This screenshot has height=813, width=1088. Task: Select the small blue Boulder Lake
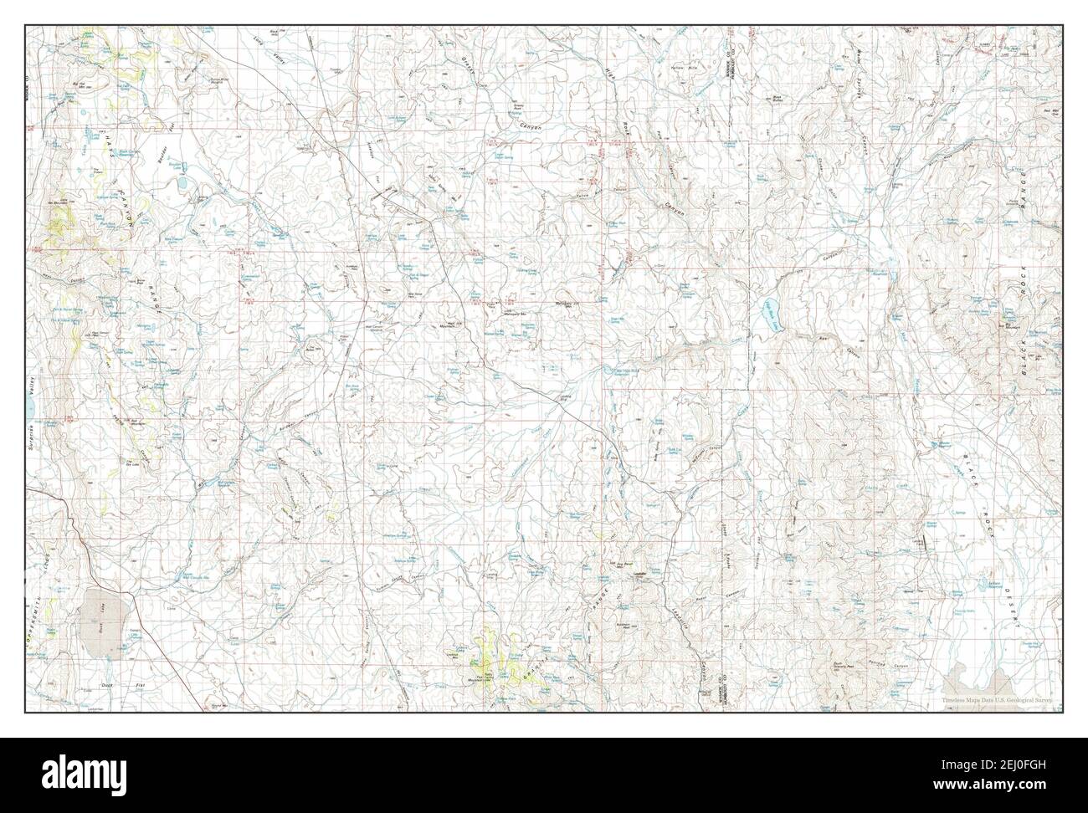181,179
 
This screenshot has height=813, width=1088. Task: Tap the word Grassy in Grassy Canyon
469,72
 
